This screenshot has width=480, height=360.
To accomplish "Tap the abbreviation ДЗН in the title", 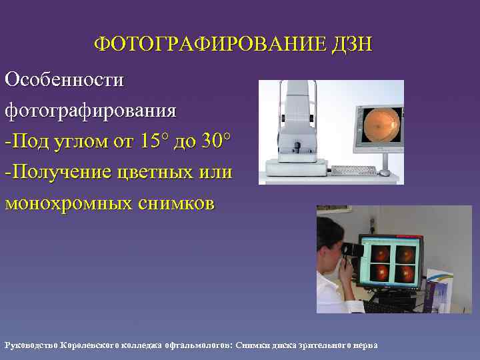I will tap(352, 45).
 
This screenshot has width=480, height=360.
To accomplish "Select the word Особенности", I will tap(64, 79).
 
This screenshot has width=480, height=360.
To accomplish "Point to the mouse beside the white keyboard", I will tap(385, 173).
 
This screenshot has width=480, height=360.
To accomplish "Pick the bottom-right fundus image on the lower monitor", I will tap(405, 273).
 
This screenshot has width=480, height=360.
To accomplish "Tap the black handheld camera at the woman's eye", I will tap(353, 249).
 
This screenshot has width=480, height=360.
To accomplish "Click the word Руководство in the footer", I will tap(31, 345).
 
